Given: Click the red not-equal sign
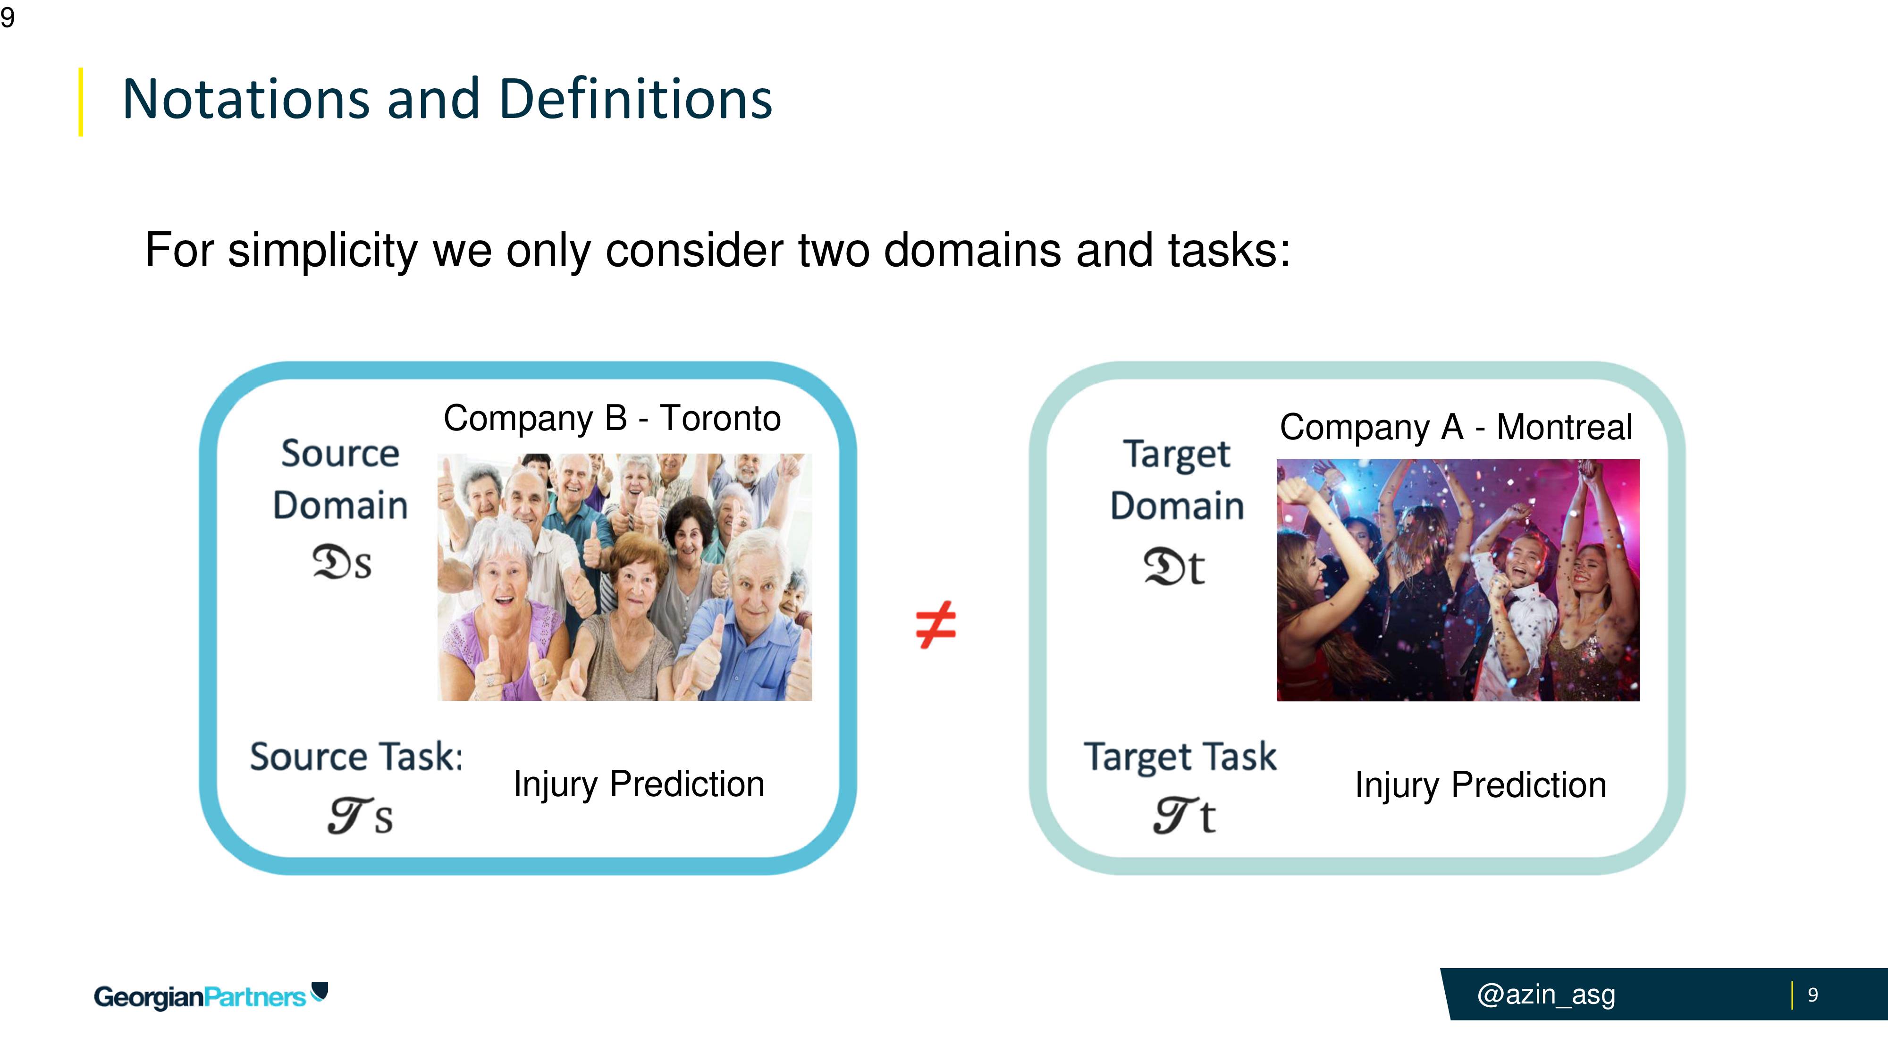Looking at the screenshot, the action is [936, 625].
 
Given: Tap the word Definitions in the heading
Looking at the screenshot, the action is [635, 99].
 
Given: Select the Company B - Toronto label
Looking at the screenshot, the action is [612, 419].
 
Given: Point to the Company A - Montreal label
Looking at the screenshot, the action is [1456, 427].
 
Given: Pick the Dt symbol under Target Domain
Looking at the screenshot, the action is [1174, 566].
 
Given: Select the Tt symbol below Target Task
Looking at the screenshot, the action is [1184, 815].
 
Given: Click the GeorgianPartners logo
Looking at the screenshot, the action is [211, 996].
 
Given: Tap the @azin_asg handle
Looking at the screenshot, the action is [1546, 995].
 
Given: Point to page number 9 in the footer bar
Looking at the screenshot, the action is [1812, 995].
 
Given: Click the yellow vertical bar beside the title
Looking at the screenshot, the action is [81, 102].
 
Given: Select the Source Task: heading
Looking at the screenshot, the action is [356, 756].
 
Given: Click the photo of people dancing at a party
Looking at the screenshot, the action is [1458, 581].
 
